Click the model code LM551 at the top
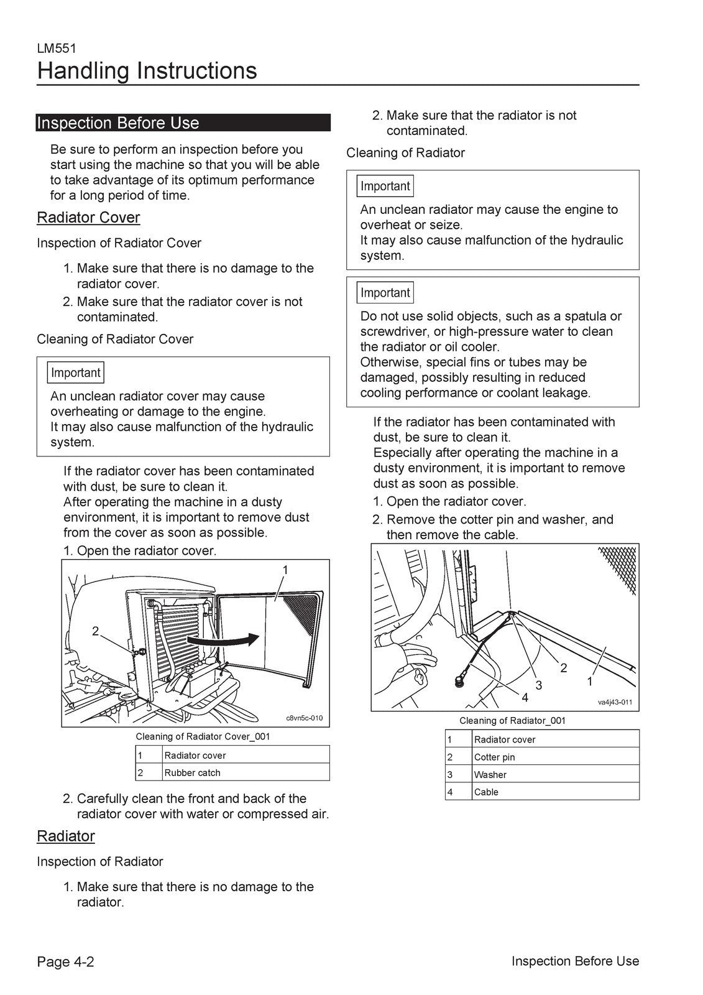[x=57, y=49]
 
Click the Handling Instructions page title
[x=147, y=71]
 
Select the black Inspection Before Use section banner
[x=183, y=123]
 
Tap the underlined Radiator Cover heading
[x=88, y=218]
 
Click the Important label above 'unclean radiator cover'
[x=75, y=373]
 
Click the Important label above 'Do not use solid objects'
[x=385, y=293]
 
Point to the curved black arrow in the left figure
[x=224, y=639]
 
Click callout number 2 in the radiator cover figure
[x=95, y=631]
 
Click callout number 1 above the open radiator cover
[x=285, y=570]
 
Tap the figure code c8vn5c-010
[x=304, y=718]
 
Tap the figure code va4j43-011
[x=615, y=702]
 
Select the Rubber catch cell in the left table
[x=193, y=773]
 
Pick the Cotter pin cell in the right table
[x=495, y=757]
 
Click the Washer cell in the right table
[x=490, y=775]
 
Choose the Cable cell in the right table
[x=486, y=792]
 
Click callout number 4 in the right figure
[x=524, y=698]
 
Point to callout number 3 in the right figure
[x=539, y=685]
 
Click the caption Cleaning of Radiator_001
[x=512, y=721]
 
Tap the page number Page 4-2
[x=65, y=962]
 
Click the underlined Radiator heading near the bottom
[x=66, y=836]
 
